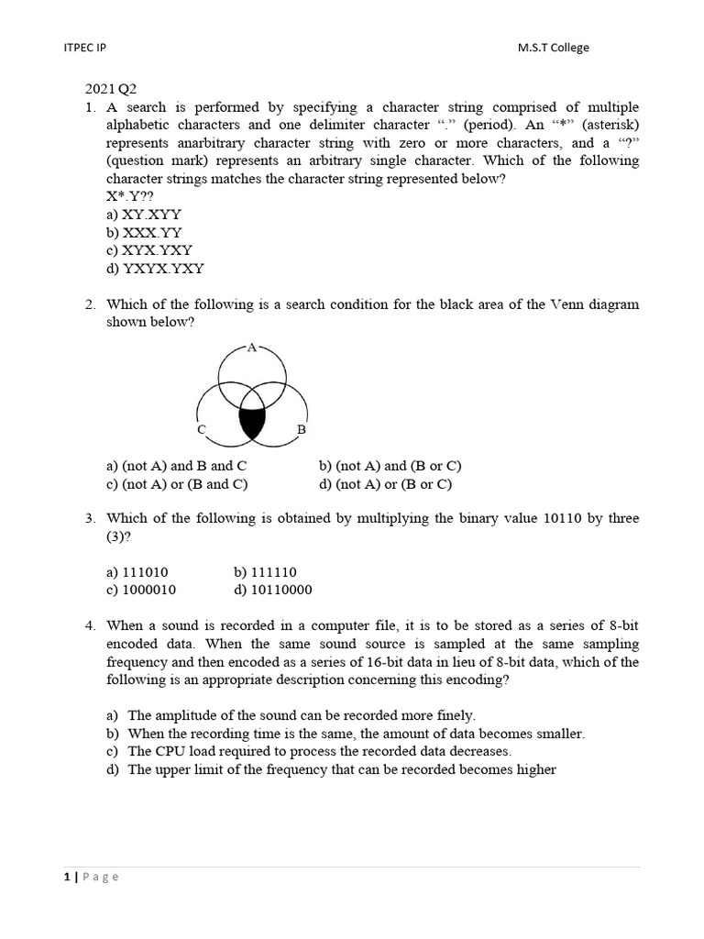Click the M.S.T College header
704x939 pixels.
pyautogui.click(x=554, y=48)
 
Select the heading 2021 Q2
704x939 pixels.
pyautogui.click(x=111, y=90)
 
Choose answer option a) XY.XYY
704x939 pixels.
pyautogui.click(x=145, y=215)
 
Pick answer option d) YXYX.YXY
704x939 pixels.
pyautogui.click(x=155, y=269)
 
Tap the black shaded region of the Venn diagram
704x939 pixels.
pyautogui.click(x=252, y=423)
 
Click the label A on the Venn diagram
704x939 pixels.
pyautogui.click(x=252, y=348)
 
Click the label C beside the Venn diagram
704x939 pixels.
pyautogui.click(x=200, y=429)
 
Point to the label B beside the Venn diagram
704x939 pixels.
pyautogui.click(x=301, y=429)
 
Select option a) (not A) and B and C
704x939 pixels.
pyautogui.click(x=177, y=466)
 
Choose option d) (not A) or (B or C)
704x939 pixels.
pyautogui.click(x=385, y=484)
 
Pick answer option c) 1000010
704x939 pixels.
pyautogui.click(x=142, y=590)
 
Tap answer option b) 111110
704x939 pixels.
pyautogui.click(x=266, y=571)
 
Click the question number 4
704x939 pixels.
pyautogui.click(x=91, y=625)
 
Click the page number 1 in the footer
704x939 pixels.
pyautogui.click(x=67, y=877)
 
